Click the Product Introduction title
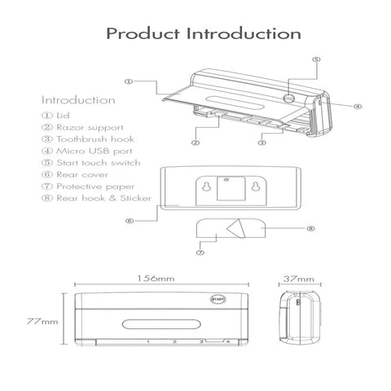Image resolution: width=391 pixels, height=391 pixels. (x=204, y=33)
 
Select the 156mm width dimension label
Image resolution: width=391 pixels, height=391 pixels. (x=156, y=279)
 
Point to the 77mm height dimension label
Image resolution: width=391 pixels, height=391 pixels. (x=42, y=322)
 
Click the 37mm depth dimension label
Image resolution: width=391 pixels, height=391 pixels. (x=299, y=279)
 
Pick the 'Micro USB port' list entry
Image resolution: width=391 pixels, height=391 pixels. (x=87, y=151)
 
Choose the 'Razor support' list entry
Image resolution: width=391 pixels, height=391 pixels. (x=82, y=127)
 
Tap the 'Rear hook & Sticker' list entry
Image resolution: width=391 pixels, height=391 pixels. (x=96, y=198)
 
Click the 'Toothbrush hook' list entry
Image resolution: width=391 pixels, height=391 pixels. (x=88, y=139)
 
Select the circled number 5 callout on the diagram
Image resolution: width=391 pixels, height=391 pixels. (x=316, y=59)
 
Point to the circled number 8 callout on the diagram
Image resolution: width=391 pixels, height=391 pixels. (x=310, y=228)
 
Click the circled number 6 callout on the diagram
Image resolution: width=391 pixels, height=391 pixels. (x=130, y=221)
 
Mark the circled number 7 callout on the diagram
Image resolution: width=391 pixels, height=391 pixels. (x=200, y=253)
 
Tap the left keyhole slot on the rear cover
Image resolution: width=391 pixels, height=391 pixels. (x=206, y=187)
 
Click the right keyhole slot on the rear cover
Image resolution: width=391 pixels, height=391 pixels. (x=255, y=187)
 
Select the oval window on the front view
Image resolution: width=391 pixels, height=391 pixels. (x=161, y=324)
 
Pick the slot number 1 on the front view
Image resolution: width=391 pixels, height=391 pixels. (x=148, y=341)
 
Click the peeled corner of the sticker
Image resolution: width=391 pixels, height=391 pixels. (x=236, y=228)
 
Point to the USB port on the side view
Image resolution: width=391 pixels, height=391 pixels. (x=298, y=301)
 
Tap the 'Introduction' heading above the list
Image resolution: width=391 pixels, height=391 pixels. (x=78, y=100)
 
